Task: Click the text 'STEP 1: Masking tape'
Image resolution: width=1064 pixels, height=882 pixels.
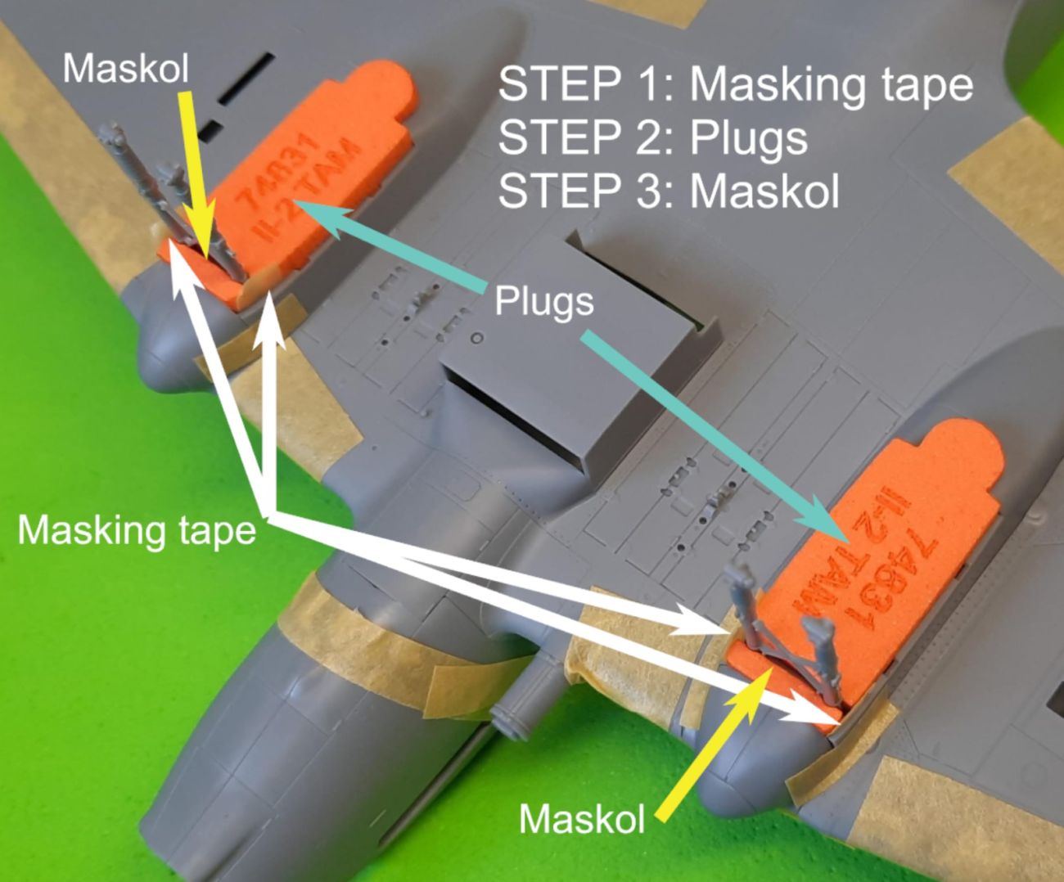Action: tap(735, 84)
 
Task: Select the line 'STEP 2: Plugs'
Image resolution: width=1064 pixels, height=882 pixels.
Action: tap(652, 137)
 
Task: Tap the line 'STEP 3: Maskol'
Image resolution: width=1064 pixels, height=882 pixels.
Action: tap(669, 191)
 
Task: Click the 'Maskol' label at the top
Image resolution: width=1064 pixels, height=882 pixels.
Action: tap(126, 68)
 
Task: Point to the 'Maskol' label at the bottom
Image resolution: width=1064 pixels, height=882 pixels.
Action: tap(581, 817)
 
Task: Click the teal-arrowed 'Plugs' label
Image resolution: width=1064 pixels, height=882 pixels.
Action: tap(544, 302)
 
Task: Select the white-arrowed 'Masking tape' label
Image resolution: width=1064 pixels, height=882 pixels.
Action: tap(137, 530)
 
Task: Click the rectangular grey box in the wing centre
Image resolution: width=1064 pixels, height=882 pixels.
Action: tap(573, 360)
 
